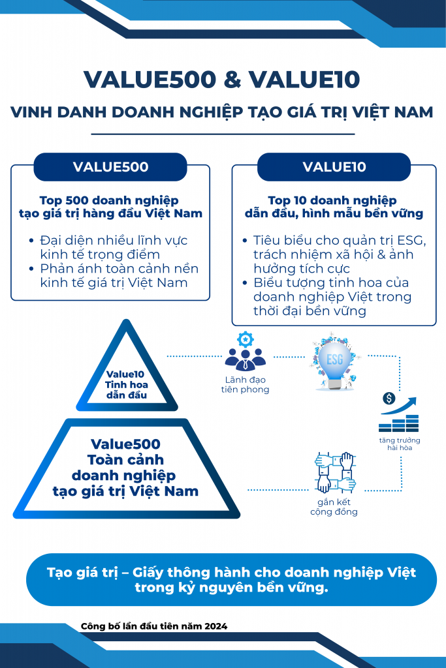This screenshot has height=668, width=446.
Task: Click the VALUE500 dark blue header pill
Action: point(110,167)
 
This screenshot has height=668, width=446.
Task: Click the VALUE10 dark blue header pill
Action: point(334,167)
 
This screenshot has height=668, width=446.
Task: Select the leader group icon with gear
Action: point(245,353)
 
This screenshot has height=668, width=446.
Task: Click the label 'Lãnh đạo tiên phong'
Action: point(245,385)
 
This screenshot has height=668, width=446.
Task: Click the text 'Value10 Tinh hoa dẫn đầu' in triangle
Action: point(127,384)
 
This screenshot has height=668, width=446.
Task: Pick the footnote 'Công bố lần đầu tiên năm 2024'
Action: point(154,626)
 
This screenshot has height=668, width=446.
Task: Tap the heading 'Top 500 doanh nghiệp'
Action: point(109,200)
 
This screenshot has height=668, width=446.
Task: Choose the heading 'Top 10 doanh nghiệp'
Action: point(332,200)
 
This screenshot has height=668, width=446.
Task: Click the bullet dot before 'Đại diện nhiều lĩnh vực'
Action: point(32,241)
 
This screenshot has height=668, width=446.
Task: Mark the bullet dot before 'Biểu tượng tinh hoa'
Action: point(244,283)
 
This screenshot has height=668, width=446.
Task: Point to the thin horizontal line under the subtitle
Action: point(223,134)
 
